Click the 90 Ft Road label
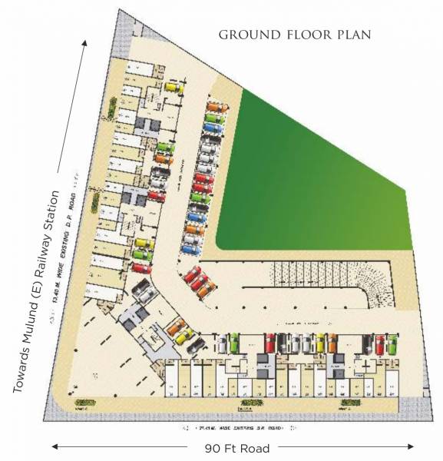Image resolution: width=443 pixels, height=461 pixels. click(235, 446)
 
